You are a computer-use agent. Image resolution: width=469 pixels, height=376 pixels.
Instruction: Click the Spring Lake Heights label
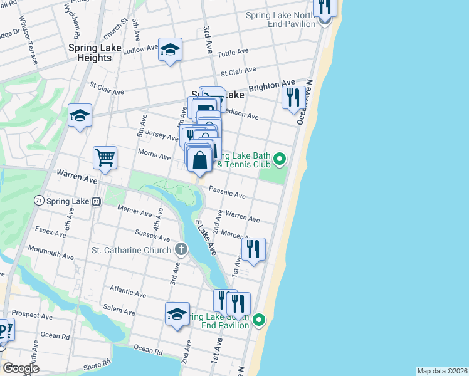click(90, 53)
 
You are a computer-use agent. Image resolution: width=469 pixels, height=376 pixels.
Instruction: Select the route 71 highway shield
click(39, 201)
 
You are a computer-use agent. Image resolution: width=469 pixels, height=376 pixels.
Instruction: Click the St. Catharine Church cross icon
click(181, 250)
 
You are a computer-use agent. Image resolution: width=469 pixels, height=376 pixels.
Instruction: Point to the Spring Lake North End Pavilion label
click(281, 20)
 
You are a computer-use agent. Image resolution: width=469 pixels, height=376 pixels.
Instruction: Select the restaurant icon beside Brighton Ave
click(293, 97)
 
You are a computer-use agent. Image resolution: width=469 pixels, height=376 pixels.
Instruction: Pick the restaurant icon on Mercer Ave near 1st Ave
click(253, 248)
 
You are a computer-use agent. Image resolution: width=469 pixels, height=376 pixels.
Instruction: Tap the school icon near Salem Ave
click(177, 313)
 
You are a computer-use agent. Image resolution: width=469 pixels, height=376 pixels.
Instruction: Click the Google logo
click(21, 368)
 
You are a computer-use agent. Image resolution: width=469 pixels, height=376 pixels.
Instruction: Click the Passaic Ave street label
click(227, 192)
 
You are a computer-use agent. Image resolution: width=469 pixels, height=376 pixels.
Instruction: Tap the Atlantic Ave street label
click(127, 291)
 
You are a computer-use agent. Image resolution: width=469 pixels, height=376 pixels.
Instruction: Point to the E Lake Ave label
click(206, 239)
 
